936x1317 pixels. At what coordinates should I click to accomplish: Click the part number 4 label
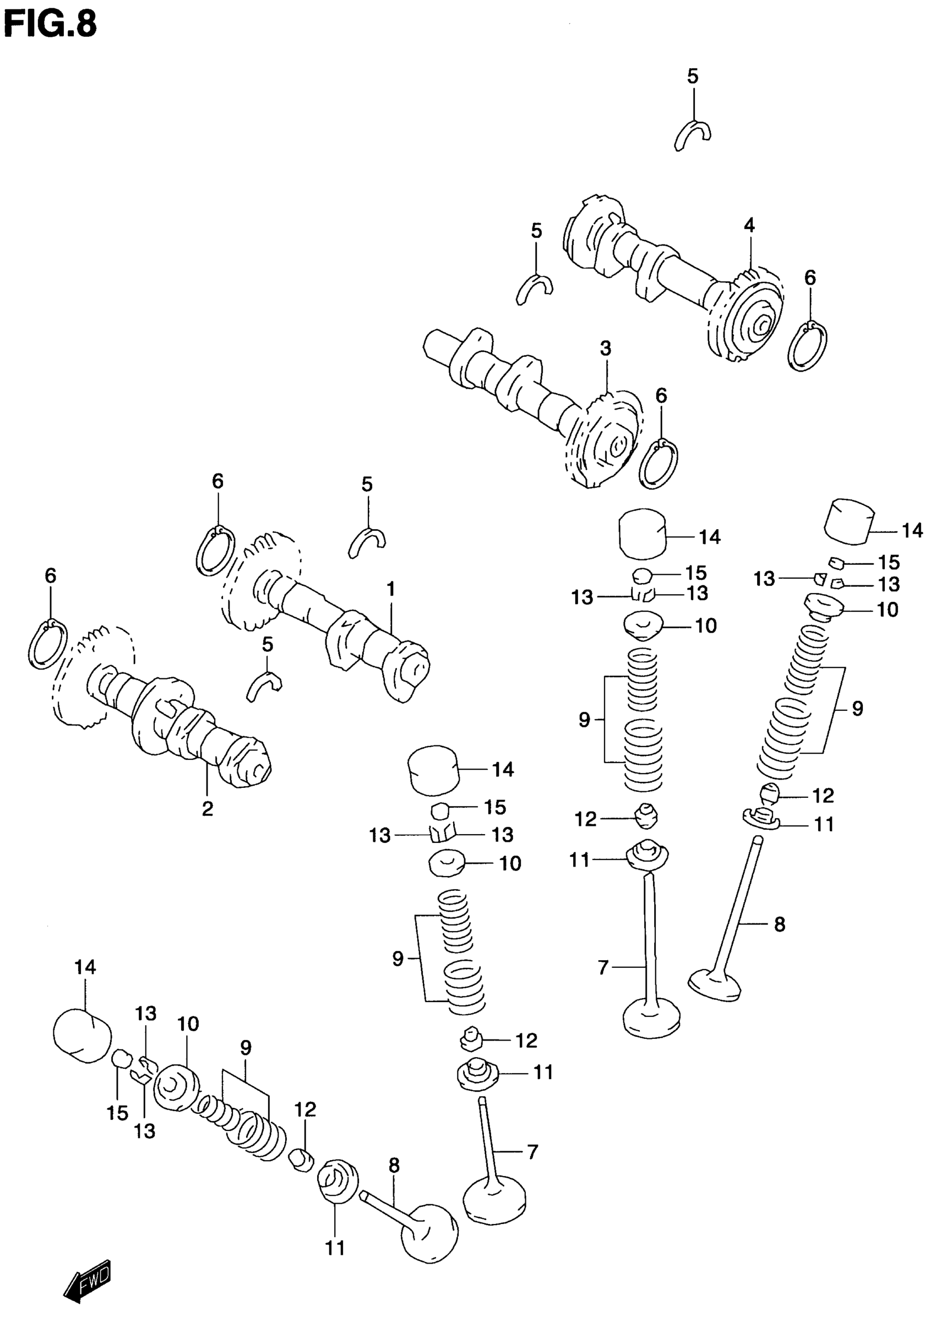click(x=749, y=225)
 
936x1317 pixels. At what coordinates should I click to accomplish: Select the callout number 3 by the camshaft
click(x=605, y=348)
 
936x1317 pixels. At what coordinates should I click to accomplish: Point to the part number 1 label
click(x=391, y=589)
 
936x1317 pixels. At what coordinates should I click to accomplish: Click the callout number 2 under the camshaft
click(x=208, y=809)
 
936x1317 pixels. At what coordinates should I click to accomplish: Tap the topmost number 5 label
click(x=692, y=76)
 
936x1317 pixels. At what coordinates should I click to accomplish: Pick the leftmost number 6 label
click(x=51, y=575)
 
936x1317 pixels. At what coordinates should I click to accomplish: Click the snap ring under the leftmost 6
click(x=47, y=644)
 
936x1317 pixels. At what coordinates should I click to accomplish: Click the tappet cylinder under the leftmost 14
click(x=82, y=1035)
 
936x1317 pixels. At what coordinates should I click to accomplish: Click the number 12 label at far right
click(x=823, y=796)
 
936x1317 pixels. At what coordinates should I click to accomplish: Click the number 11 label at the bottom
click(x=335, y=1248)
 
